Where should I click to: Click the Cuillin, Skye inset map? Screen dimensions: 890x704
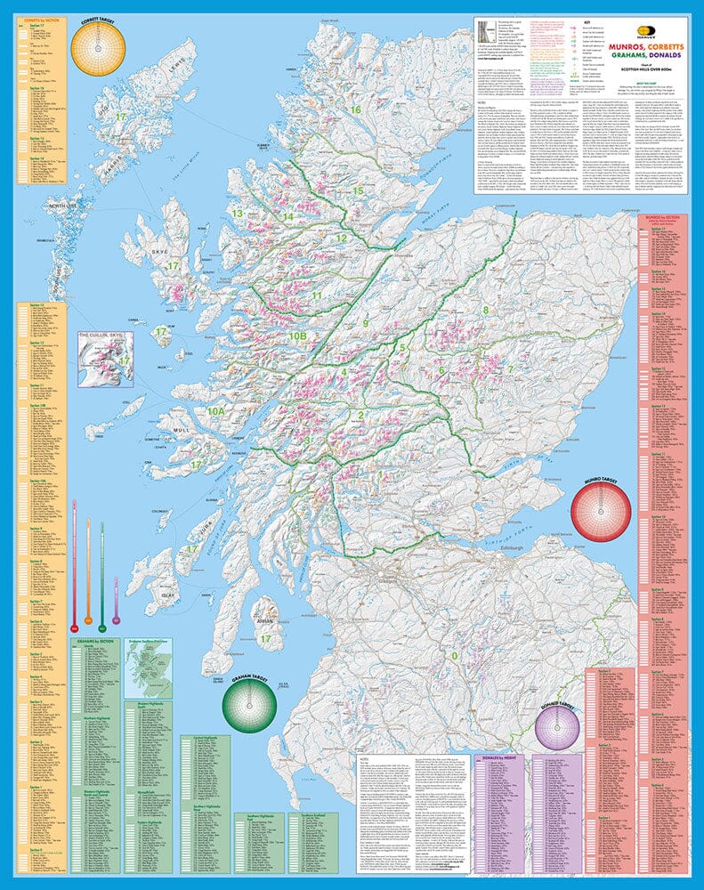point(105,359)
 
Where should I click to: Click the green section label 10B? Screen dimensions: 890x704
point(297,336)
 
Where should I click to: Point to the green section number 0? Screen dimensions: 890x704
point(454,656)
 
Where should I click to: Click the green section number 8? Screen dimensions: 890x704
point(485,310)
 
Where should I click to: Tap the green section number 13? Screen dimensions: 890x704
point(237,214)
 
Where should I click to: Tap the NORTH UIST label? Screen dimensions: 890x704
point(64,206)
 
